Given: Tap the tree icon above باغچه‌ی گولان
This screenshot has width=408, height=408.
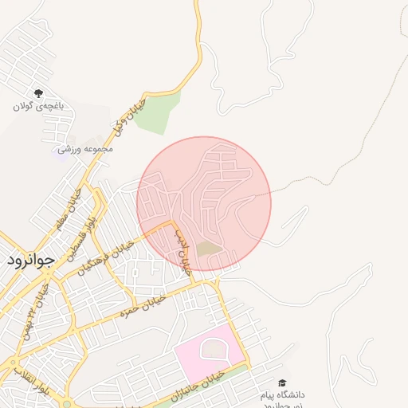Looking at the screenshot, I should pos(38,94).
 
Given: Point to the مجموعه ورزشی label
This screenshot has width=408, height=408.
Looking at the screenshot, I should pos(85,148).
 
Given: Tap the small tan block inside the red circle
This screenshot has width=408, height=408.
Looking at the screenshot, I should pos(209,249).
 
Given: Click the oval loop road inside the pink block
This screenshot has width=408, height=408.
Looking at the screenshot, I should pos(213,347).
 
